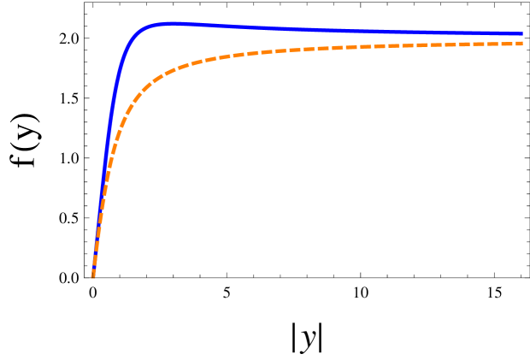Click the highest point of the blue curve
(171, 23)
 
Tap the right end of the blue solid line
(521, 34)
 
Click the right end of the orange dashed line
(521, 43)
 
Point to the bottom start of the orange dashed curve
(92, 275)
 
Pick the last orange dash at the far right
(517, 43)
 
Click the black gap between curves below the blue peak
(171, 47)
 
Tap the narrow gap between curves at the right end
(513, 38)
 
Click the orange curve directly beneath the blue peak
(171, 71)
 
